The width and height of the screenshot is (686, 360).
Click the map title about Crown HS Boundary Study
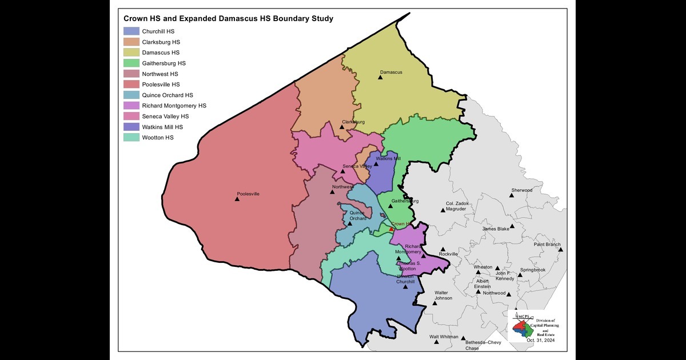(228, 18)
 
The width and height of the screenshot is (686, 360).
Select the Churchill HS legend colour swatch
(131, 31)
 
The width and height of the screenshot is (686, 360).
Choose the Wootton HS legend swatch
(131, 138)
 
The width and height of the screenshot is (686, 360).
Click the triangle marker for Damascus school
(380, 77)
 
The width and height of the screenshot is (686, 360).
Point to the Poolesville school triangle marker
(238, 199)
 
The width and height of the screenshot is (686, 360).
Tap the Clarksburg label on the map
(353, 122)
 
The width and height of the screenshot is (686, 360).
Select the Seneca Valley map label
(357, 166)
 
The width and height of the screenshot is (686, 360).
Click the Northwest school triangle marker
(332, 192)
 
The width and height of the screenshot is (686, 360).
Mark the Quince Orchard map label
(358, 215)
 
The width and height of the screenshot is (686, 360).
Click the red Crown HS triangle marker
(391, 229)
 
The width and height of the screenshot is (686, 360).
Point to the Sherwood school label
(521, 190)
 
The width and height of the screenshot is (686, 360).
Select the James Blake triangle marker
(512, 226)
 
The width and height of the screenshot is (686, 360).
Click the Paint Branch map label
(547, 245)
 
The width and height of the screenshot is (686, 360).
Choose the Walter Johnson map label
(443, 295)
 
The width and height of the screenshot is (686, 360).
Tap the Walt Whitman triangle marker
(436, 342)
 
